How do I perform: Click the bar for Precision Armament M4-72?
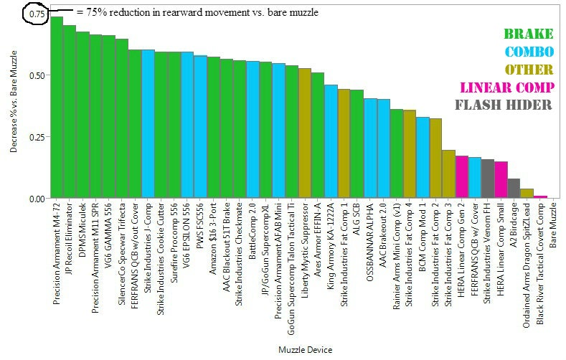tap(57, 108)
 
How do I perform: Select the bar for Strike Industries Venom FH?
tap(488, 179)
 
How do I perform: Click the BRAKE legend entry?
tap(528, 34)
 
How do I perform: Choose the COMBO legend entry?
tap(529, 52)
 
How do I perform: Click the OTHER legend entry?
tap(529, 70)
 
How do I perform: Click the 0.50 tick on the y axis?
tap(37, 75)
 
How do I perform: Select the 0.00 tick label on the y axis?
tap(37, 199)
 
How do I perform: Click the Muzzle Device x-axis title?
tap(304, 349)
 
